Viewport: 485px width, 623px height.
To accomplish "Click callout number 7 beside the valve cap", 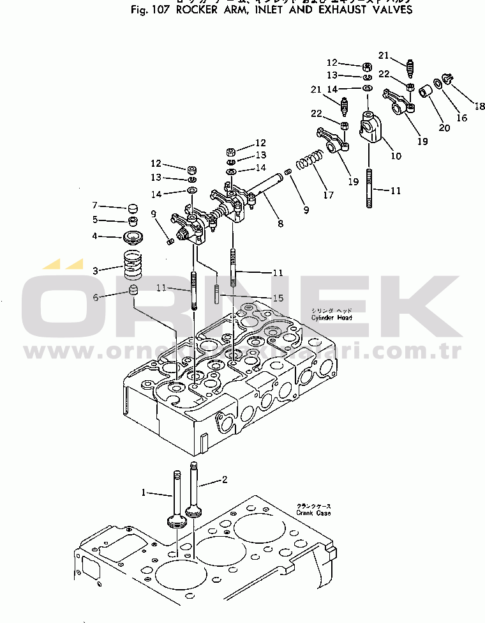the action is [x=94, y=206].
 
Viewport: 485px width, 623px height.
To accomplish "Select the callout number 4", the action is [x=94, y=236].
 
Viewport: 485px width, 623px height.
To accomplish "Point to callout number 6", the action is [x=96, y=297].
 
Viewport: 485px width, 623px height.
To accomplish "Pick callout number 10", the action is [x=396, y=156].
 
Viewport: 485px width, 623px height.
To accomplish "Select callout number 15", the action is [x=278, y=298].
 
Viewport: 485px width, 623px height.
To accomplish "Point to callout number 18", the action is [x=479, y=106].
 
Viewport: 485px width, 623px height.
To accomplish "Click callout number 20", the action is [x=444, y=128].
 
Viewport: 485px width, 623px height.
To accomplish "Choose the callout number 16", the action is [x=461, y=118].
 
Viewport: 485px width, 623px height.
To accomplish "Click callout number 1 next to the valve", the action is [x=144, y=493].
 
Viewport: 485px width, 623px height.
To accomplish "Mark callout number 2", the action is [x=225, y=479].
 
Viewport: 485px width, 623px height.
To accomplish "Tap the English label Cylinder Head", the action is [x=331, y=318].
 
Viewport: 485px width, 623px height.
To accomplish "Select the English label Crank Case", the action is [x=313, y=512].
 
